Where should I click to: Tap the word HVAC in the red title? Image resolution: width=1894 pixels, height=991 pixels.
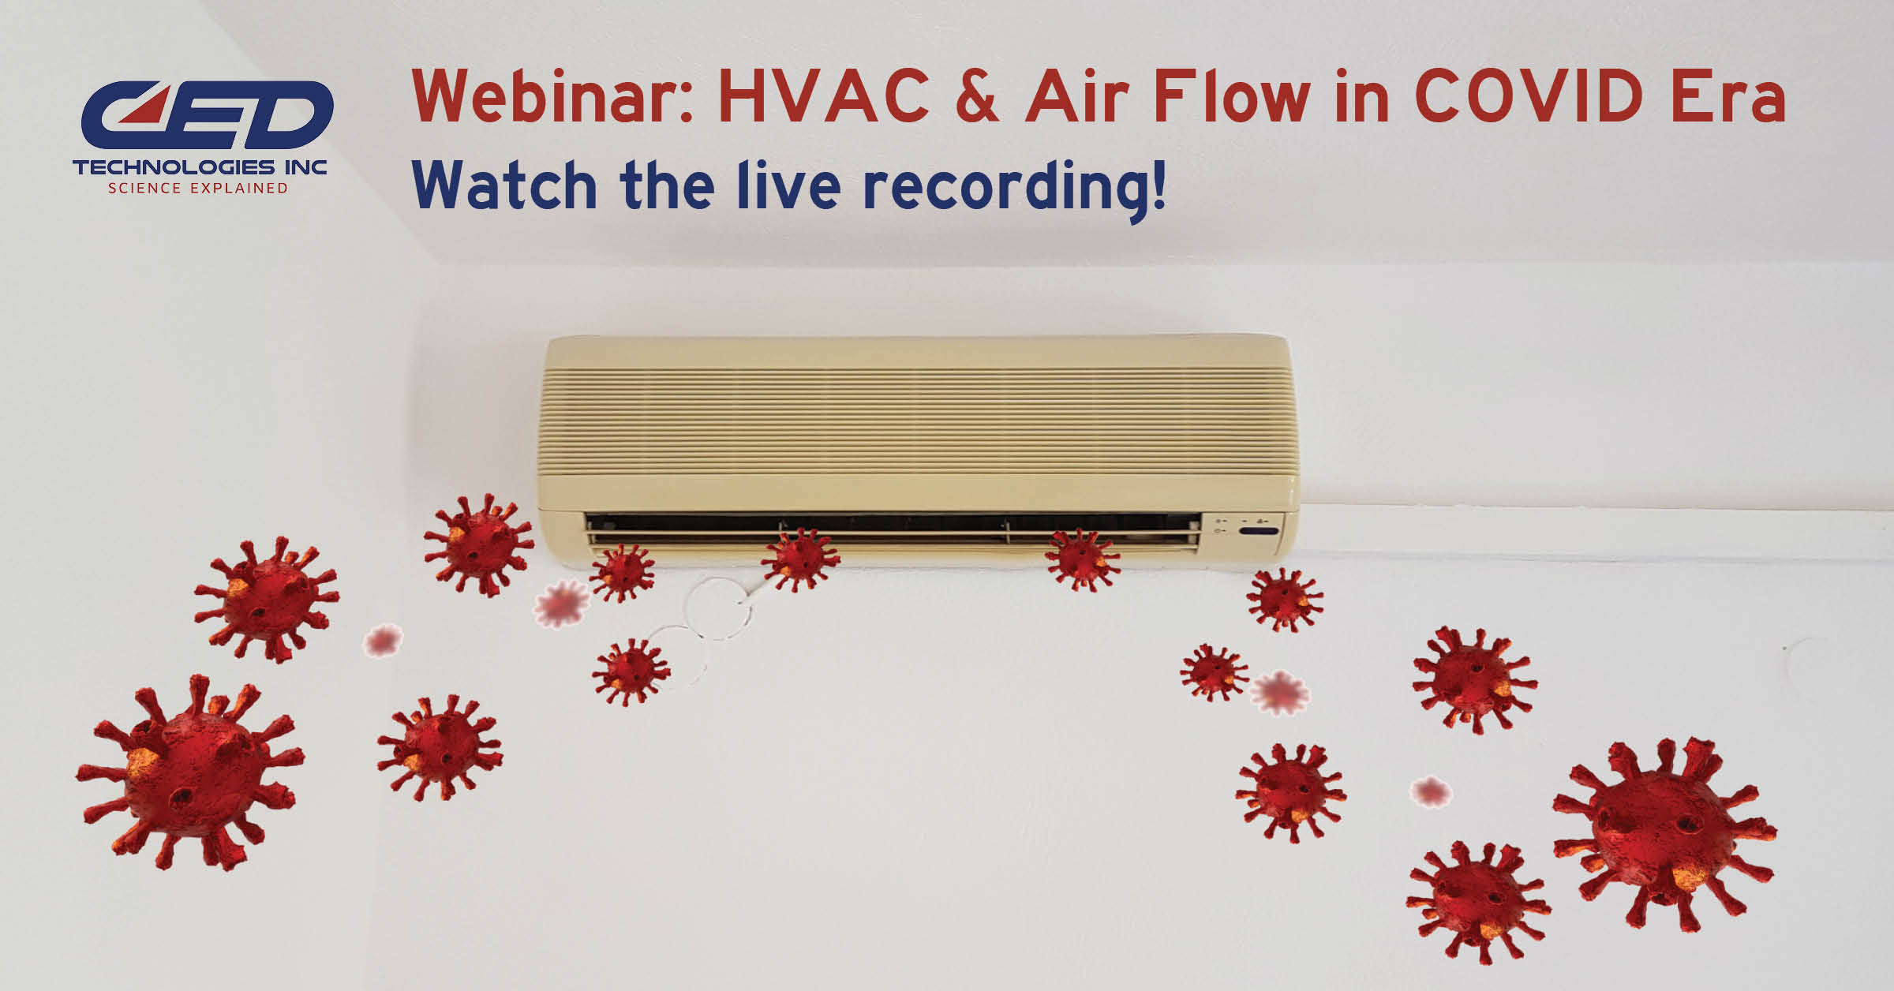823,97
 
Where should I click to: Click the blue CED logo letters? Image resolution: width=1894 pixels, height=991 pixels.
207,115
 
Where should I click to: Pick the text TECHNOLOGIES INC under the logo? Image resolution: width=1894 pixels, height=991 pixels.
200,167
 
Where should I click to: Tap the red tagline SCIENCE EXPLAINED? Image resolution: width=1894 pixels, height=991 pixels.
198,189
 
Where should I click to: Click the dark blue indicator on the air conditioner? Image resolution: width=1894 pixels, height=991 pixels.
1259,531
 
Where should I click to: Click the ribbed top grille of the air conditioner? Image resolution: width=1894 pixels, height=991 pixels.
919,418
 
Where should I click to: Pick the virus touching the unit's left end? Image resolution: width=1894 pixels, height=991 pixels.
478,544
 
